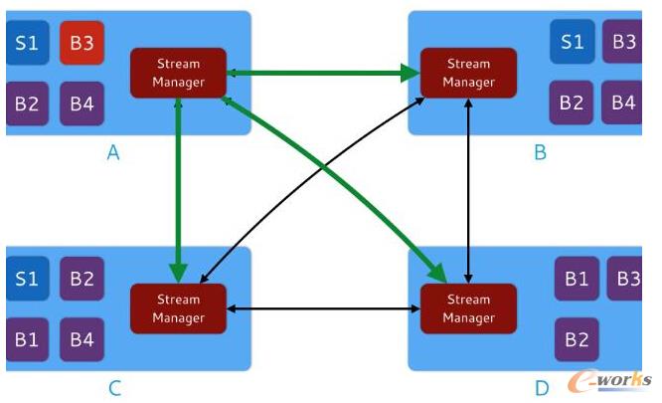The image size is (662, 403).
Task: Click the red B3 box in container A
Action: (x=81, y=42)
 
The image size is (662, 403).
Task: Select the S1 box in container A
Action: (x=26, y=42)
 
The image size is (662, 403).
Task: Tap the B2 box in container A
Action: (x=26, y=102)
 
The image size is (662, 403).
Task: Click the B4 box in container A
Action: (x=81, y=102)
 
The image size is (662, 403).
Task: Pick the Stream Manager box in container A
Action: (x=178, y=73)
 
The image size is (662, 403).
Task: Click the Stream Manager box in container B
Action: (x=468, y=73)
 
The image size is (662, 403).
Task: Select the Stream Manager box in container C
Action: (x=178, y=308)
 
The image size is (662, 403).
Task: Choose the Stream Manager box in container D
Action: (x=468, y=308)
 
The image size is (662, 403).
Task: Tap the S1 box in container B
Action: (x=572, y=42)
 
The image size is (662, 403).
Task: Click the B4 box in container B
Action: (x=624, y=101)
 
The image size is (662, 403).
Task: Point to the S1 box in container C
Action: (x=26, y=279)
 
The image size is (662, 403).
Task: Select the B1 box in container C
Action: (x=26, y=338)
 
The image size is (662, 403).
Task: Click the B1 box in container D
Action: (x=577, y=279)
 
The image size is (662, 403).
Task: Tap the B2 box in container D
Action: (x=577, y=338)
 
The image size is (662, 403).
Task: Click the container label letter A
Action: (x=113, y=153)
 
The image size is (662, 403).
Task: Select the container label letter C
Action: (x=114, y=388)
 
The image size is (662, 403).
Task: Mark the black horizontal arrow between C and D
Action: (x=323, y=309)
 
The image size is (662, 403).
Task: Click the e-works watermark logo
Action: (x=615, y=383)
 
